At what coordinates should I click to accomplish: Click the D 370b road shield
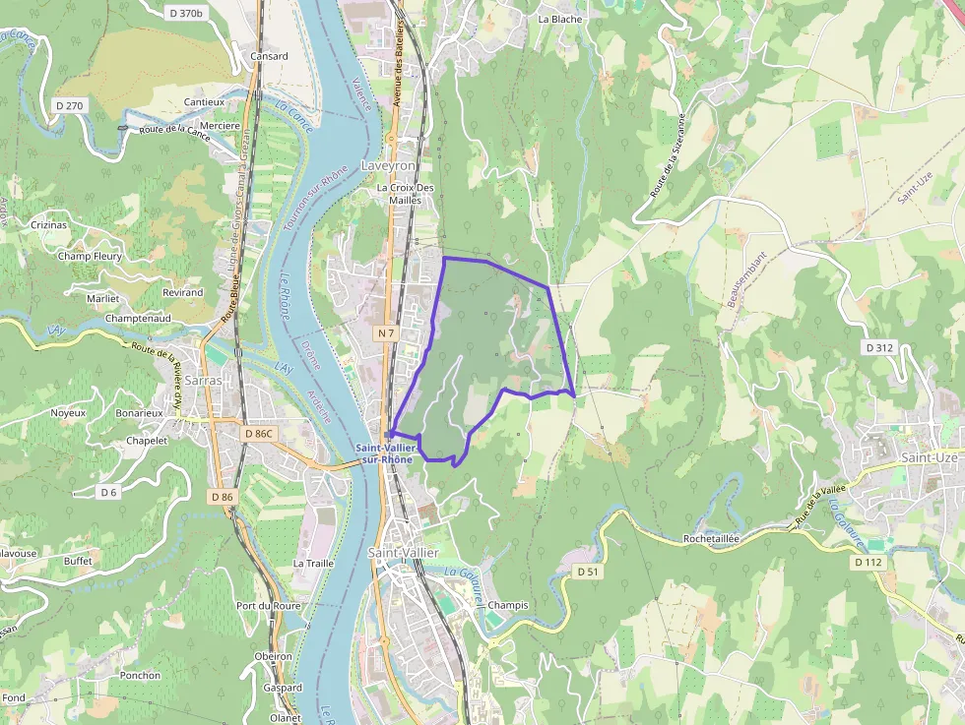(x=185, y=13)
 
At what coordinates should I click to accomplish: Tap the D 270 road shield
(x=71, y=105)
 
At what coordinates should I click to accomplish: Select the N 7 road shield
(x=385, y=333)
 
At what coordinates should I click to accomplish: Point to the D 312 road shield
(x=880, y=347)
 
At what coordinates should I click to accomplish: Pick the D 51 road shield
(x=588, y=571)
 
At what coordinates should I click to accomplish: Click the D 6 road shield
(x=108, y=491)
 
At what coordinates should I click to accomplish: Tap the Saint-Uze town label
(x=931, y=457)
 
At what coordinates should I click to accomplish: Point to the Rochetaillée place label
(x=711, y=539)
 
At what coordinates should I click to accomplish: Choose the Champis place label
(x=508, y=605)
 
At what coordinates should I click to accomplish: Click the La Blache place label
(x=560, y=19)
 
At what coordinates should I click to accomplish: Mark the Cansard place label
(x=269, y=56)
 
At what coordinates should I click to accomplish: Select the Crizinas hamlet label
(x=49, y=224)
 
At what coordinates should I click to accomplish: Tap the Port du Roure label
(x=268, y=606)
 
